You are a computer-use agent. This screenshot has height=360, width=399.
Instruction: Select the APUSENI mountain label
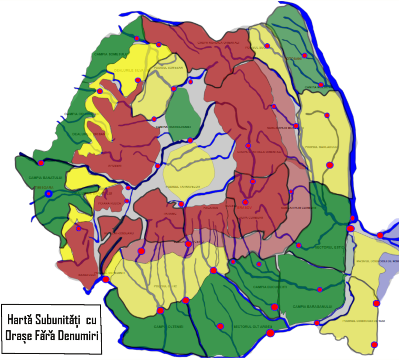coord(115,165)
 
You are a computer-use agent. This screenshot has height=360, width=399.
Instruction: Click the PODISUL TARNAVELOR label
coord(183,187)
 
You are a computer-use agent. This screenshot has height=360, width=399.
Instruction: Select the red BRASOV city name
coord(245,208)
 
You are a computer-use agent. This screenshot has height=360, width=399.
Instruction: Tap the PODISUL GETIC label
coord(165,286)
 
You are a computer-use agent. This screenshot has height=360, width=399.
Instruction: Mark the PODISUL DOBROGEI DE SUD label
coord(364,321)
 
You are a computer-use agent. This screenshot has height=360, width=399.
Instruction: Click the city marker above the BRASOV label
coord(245,202)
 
